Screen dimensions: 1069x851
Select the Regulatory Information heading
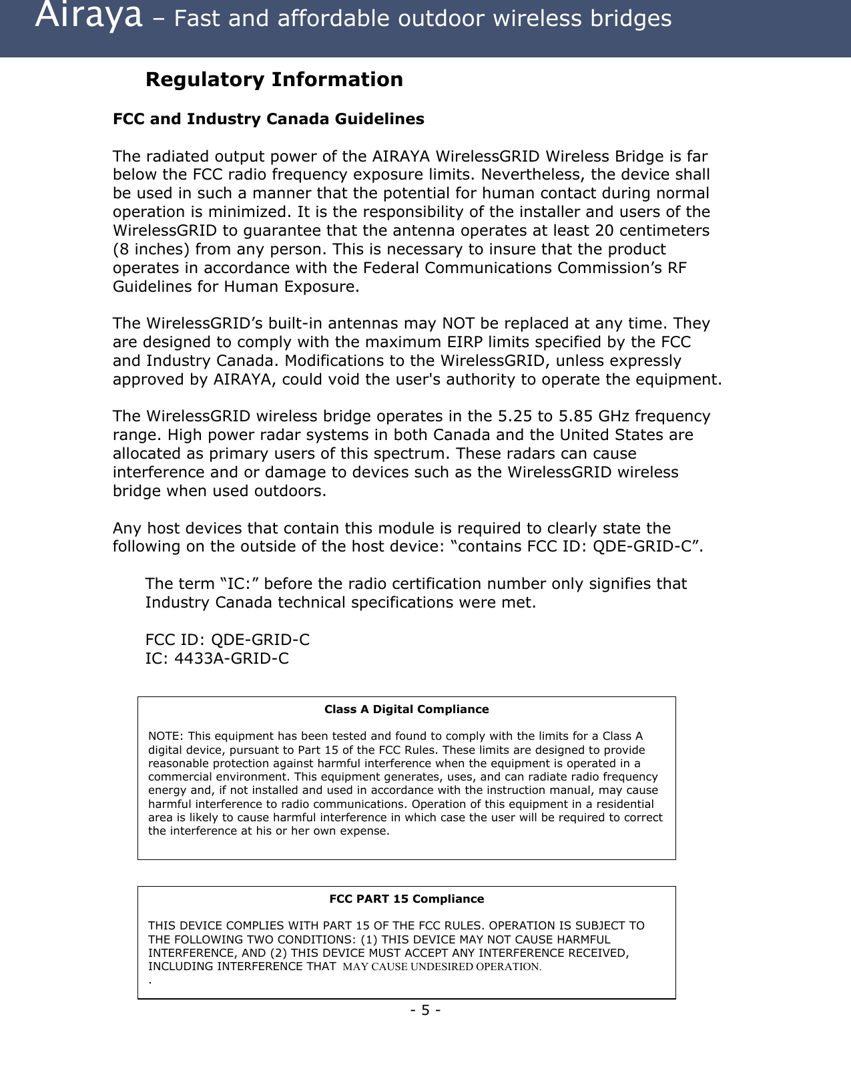coord(274,79)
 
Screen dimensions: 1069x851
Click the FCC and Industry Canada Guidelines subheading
coord(268,120)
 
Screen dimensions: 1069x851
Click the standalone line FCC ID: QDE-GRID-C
coord(228,640)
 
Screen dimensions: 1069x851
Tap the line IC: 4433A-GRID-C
coord(218,659)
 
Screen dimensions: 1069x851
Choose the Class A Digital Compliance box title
coord(406,710)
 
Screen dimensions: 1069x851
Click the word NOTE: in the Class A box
coord(166,736)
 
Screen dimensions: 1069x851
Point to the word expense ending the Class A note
coord(365,831)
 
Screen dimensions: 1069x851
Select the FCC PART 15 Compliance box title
coord(406,899)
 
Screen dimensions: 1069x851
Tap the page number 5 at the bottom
coord(425,1010)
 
